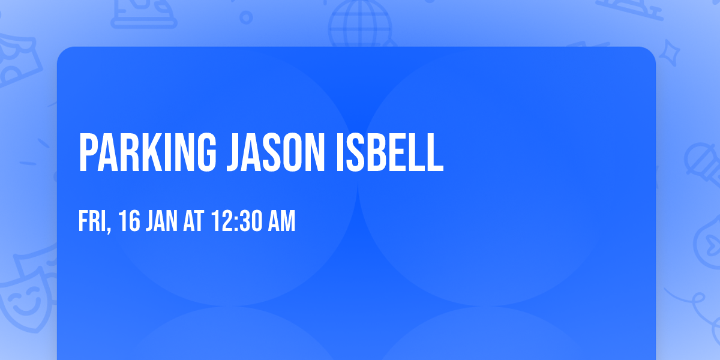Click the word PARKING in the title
coord(147,152)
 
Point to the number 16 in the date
coord(129,221)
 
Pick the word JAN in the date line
coord(162,221)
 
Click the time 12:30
coord(236,221)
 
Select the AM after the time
coord(281,221)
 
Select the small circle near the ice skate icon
coord(246,17)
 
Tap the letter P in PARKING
coord(88,152)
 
